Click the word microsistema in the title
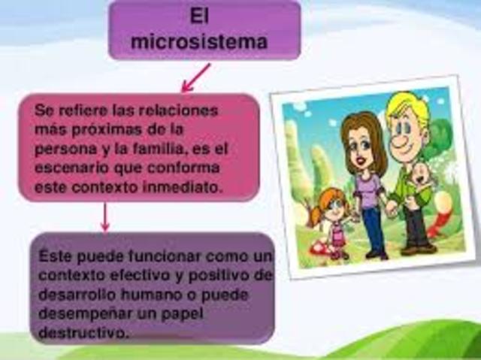coord(198,42)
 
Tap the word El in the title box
coord(198,17)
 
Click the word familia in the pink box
coord(157,149)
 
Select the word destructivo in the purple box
coord(82,331)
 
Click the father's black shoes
coord(417,248)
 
